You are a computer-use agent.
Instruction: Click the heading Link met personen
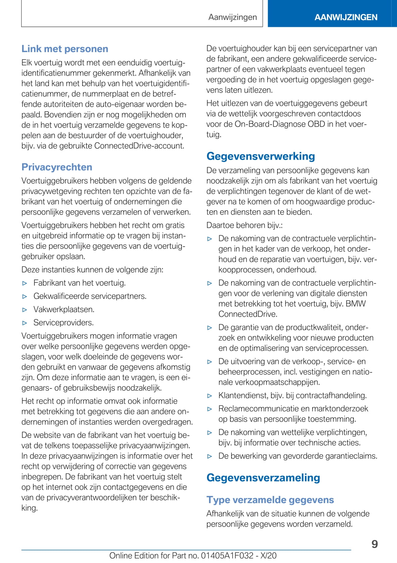pos(65,49)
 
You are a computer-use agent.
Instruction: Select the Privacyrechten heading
pos(57,167)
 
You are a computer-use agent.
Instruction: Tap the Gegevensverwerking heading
pos(260,156)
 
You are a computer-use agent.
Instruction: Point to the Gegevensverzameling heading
pos(263,478)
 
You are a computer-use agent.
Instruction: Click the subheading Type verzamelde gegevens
pos(270,500)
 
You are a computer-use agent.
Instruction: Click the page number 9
pos(375,544)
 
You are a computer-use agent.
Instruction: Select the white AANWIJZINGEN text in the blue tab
pos(346,17)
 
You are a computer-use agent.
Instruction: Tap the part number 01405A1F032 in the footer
pos(227,556)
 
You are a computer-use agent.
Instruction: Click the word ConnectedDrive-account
pos(139,146)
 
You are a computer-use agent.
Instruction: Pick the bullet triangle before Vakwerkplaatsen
pos(25,310)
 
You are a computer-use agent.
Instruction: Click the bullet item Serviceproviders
pos(63,323)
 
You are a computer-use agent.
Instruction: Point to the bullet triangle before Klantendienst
pos(210,396)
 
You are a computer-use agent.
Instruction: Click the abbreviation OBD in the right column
pos(316,124)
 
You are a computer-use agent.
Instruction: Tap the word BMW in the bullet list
pos(355,304)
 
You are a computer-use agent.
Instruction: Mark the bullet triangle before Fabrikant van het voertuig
pos(25,283)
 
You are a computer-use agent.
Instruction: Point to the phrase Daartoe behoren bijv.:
pos(244,225)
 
